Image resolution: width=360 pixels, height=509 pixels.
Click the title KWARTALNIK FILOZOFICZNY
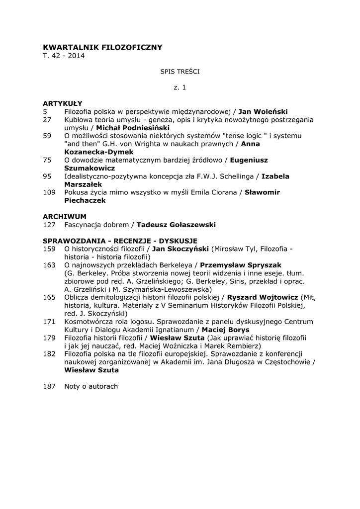102,47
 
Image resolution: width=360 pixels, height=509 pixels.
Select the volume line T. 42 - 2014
64,56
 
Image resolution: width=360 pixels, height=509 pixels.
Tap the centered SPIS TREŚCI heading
180,72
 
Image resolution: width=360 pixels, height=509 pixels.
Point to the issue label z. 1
180,87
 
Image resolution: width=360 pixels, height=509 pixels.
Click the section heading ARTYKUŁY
63,103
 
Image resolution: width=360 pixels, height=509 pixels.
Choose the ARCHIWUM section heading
65,217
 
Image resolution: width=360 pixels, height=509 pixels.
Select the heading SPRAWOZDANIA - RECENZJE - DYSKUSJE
120,241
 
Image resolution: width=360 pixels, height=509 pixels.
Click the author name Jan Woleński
263,111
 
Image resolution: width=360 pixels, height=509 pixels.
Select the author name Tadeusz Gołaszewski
176,225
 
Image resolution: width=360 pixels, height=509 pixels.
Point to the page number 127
49,225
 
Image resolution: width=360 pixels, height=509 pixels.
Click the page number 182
49,353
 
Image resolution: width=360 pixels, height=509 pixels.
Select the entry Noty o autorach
91,386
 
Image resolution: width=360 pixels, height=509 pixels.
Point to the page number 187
49,386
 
